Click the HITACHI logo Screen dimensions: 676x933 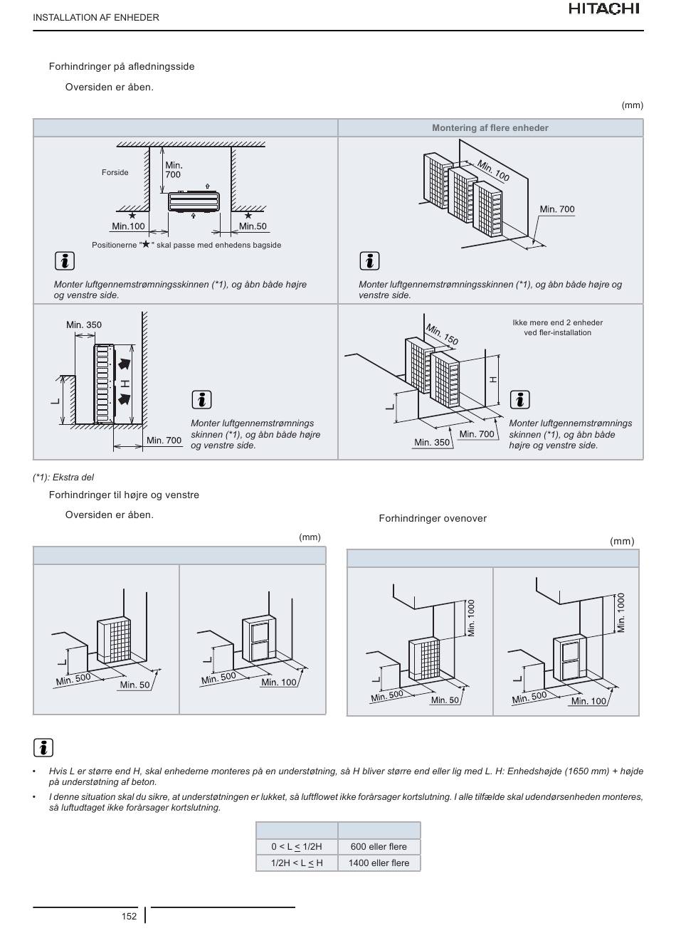click(604, 9)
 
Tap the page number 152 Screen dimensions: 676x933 click(129, 916)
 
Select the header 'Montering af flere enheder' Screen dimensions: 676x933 click(490, 128)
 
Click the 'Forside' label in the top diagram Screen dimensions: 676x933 click(115, 172)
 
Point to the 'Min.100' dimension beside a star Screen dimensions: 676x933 click(128, 226)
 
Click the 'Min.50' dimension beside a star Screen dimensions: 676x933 click(253, 226)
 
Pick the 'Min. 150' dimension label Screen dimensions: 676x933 click(442, 334)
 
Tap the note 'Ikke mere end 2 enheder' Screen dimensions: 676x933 click(557, 322)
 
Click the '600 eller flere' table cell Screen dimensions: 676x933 click(379, 846)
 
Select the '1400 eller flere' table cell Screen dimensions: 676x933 click(379, 863)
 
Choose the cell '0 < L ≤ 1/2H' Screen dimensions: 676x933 click(297, 846)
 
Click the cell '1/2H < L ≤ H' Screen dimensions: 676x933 click(297, 863)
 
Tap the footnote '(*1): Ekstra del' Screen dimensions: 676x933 click(63, 478)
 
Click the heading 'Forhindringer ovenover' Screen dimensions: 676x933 click(433, 518)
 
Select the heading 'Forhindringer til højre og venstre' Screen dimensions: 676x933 click(124, 495)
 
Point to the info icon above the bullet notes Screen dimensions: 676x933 click(43, 747)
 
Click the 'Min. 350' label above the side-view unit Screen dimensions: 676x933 click(84, 325)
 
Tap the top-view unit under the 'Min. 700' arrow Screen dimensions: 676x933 click(194, 201)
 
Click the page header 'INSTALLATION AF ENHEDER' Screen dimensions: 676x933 click(96, 18)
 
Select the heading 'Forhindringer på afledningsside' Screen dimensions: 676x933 click(122, 67)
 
